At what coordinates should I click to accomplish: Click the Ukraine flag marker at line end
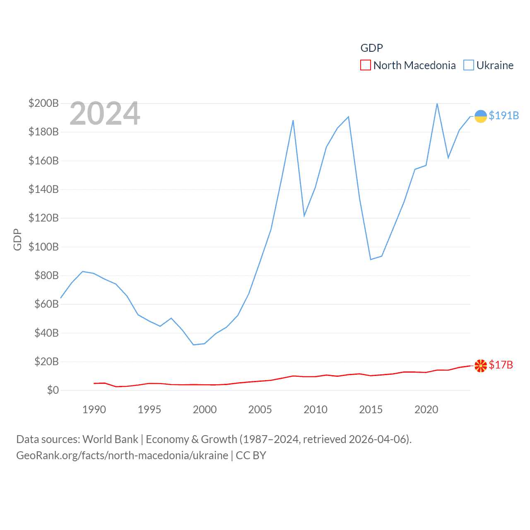point(481,116)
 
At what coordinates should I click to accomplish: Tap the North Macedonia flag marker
point(481,366)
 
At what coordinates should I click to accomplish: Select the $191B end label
point(503,116)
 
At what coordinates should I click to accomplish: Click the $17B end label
point(501,365)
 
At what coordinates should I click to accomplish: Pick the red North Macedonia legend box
point(365,65)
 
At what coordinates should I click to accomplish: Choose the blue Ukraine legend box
point(468,65)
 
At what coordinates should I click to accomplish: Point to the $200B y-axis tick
point(43,103)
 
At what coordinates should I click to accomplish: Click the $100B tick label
point(43,247)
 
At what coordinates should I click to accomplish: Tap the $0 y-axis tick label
point(53,390)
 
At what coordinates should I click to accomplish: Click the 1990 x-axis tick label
point(94,410)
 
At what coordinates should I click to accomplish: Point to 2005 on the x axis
point(260,410)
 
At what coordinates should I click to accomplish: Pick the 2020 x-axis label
point(426,410)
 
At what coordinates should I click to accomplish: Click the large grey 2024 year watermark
point(105,113)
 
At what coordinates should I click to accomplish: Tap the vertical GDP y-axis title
point(17,239)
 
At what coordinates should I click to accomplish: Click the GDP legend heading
point(371,48)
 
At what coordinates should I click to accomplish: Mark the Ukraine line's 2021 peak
point(437,104)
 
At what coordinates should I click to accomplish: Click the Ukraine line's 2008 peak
point(293,120)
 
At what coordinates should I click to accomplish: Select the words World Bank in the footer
point(111,439)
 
